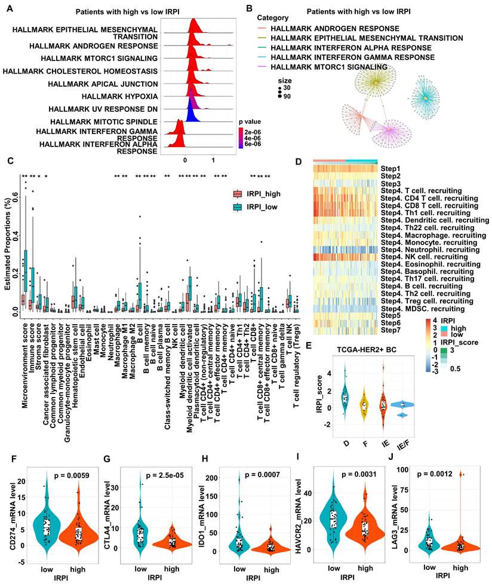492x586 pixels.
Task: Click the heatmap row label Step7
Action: (x=390, y=329)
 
